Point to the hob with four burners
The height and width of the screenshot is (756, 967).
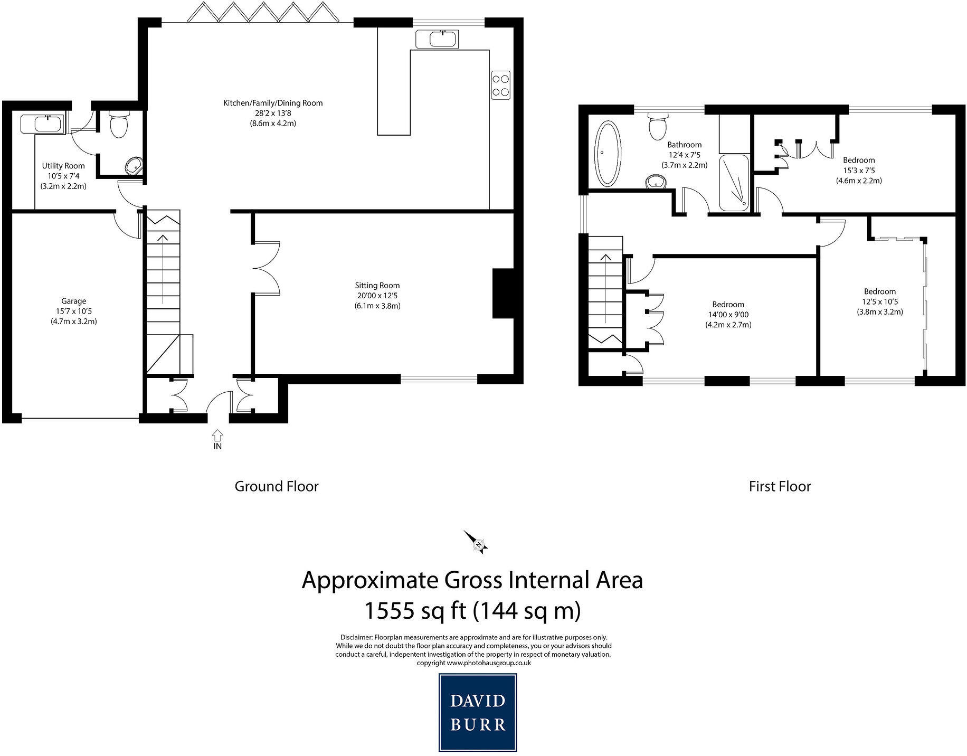pyautogui.click(x=501, y=84)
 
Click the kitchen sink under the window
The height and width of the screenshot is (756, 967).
pyautogui.click(x=437, y=39)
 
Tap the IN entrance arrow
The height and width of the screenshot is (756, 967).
pyautogui.click(x=217, y=435)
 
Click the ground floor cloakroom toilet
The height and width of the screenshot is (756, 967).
pyautogui.click(x=119, y=124)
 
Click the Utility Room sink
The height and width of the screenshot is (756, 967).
pyautogui.click(x=42, y=124)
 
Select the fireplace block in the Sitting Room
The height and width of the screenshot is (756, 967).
pyautogui.click(x=503, y=294)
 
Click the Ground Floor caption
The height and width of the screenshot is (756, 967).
pyautogui.click(x=277, y=486)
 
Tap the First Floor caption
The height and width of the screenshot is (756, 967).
pyautogui.click(x=780, y=486)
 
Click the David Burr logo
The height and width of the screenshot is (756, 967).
pyautogui.click(x=478, y=712)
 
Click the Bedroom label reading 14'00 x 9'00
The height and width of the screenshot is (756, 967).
pyautogui.click(x=728, y=315)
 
